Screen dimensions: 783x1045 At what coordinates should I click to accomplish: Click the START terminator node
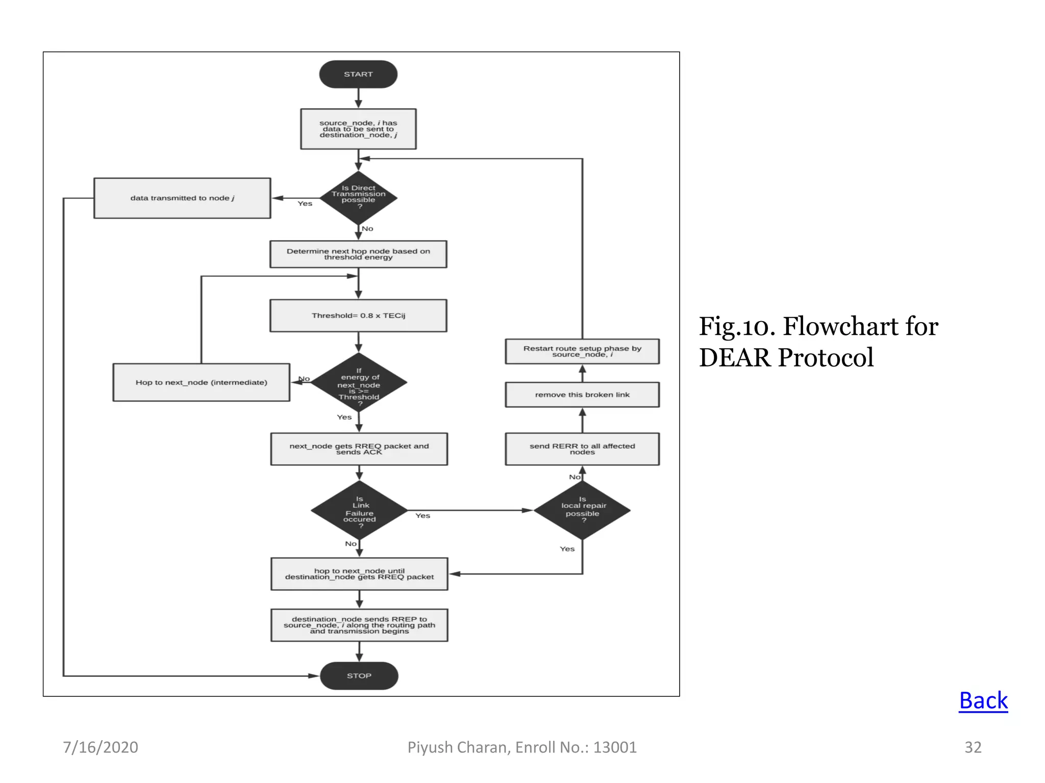click(358, 74)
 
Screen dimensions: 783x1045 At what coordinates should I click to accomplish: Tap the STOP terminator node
click(359, 675)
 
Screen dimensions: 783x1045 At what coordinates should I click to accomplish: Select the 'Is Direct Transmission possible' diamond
click(358, 197)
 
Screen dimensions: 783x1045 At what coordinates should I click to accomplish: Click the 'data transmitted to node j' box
click(182, 198)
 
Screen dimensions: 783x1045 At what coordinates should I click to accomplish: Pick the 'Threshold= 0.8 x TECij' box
click(358, 316)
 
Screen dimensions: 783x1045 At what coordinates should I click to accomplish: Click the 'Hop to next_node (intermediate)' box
click(201, 382)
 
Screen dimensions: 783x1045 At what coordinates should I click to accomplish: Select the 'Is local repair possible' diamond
click(582, 510)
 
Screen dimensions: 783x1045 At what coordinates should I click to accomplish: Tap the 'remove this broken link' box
click(582, 395)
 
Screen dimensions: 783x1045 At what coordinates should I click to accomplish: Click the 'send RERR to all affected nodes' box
click(582, 449)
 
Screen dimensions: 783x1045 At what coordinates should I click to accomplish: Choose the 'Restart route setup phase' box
click(582, 351)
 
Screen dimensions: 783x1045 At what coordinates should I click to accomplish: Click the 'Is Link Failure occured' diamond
click(359, 510)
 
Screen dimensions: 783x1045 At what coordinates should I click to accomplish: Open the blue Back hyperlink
click(983, 700)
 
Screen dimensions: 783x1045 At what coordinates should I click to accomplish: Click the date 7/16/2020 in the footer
click(101, 747)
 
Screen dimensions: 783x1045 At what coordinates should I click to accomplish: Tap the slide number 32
click(973, 747)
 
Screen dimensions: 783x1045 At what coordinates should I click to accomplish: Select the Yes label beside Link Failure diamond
click(422, 516)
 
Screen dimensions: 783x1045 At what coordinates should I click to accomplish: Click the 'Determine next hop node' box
click(358, 254)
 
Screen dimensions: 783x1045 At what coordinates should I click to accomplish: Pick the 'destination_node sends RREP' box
click(359, 625)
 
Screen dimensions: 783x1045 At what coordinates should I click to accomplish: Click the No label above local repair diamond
click(575, 477)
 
